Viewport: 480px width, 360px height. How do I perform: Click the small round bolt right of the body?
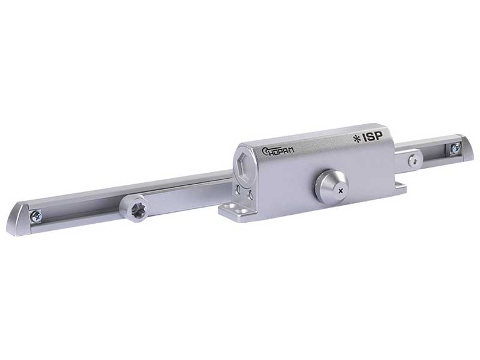[413, 159]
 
